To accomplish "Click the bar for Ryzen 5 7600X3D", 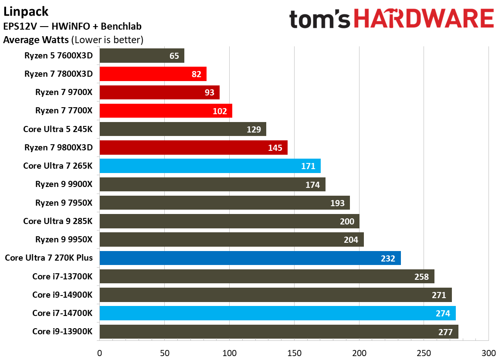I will point(142,56).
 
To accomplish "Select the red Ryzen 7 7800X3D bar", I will point(153,74).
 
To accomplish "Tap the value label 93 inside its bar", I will point(209,93).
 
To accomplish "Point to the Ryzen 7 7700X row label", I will point(64,111).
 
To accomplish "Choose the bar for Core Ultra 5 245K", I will point(183,129).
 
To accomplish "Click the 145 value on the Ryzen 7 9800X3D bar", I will point(275,148).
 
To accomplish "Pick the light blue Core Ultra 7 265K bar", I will point(210,166).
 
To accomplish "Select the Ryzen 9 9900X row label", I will point(64,184).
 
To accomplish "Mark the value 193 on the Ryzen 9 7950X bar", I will point(337,203).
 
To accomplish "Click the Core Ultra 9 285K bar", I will point(229,221).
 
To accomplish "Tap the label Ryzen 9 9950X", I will point(64,240).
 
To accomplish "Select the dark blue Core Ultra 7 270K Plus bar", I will point(250,258).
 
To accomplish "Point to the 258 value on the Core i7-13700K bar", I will point(421,277).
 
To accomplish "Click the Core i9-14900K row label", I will point(62,295).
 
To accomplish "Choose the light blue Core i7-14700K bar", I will point(277,313).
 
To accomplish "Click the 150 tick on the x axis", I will point(294,352).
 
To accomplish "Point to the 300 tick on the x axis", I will point(488,352).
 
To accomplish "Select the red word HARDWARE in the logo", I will point(423,19).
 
